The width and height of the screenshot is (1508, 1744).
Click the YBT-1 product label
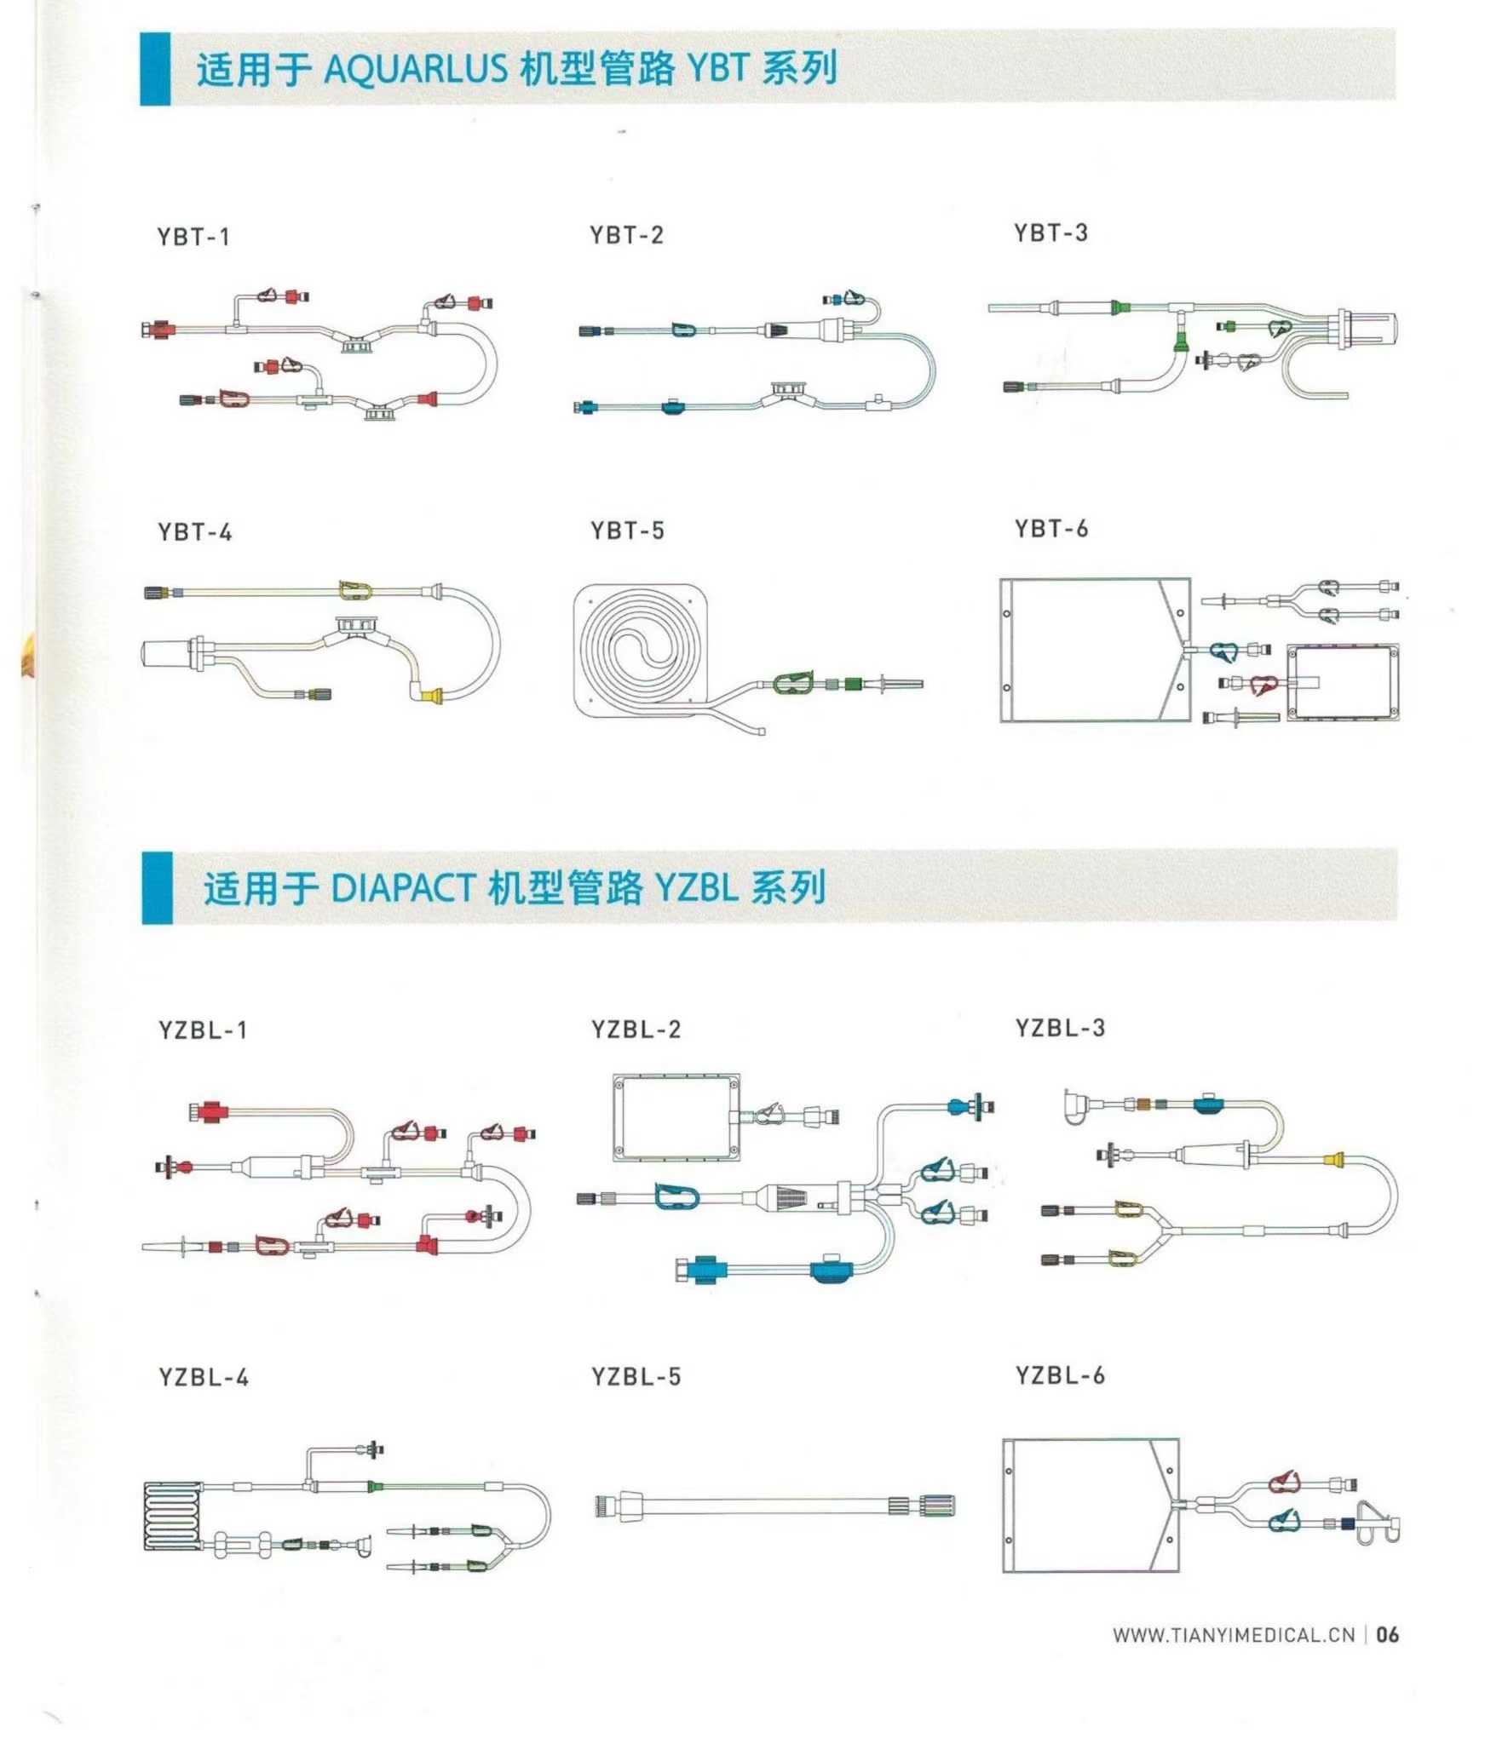tap(193, 237)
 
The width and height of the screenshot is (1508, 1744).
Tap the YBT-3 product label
tap(1050, 232)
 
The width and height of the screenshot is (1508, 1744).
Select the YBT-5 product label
tap(627, 531)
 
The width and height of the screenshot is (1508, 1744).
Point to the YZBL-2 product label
tap(636, 1030)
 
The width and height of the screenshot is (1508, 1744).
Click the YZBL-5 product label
tap(636, 1377)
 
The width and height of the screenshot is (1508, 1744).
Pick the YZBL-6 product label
tap(1060, 1375)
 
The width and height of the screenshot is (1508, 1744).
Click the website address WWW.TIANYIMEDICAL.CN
tap(1234, 1635)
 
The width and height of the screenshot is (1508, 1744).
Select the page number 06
tap(1387, 1635)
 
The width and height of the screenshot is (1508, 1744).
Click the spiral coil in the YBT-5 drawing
tap(641, 652)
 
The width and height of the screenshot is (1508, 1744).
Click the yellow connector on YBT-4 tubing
tap(432, 696)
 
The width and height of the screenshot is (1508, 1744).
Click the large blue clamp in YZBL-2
tap(677, 1196)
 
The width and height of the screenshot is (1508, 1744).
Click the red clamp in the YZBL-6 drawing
tap(1285, 1482)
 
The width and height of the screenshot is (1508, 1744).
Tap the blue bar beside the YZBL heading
tap(157, 888)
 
